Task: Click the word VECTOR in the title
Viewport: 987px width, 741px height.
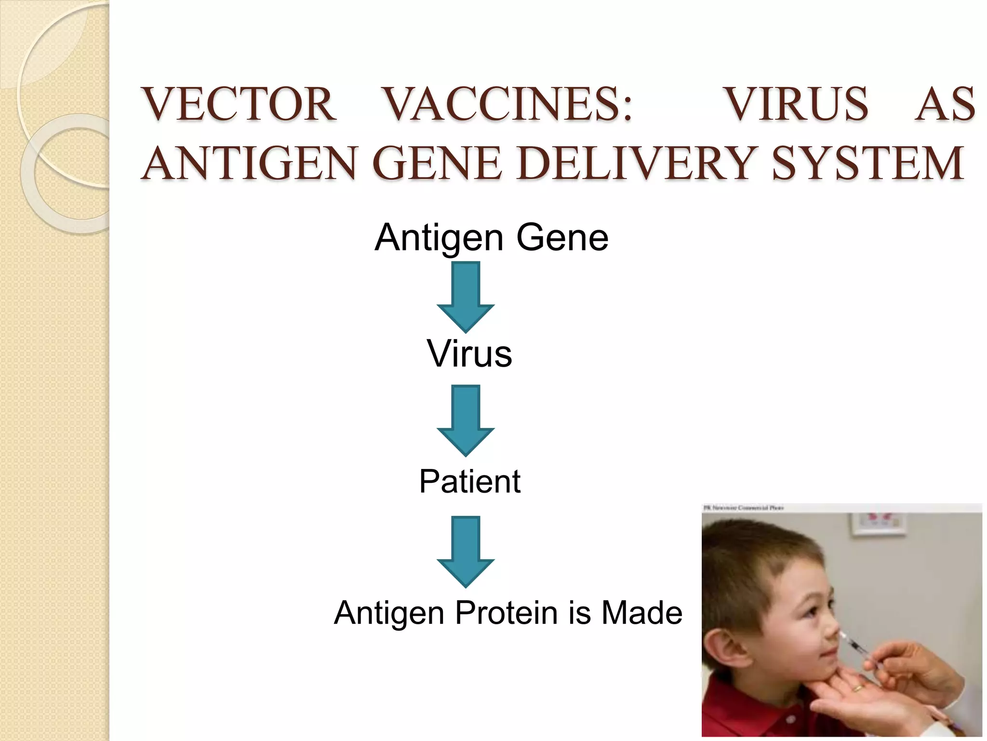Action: pos(239,104)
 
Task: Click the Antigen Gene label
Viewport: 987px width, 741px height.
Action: pos(492,238)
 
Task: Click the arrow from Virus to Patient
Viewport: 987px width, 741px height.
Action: pos(466,420)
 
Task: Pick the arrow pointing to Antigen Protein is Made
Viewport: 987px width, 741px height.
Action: pos(466,551)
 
